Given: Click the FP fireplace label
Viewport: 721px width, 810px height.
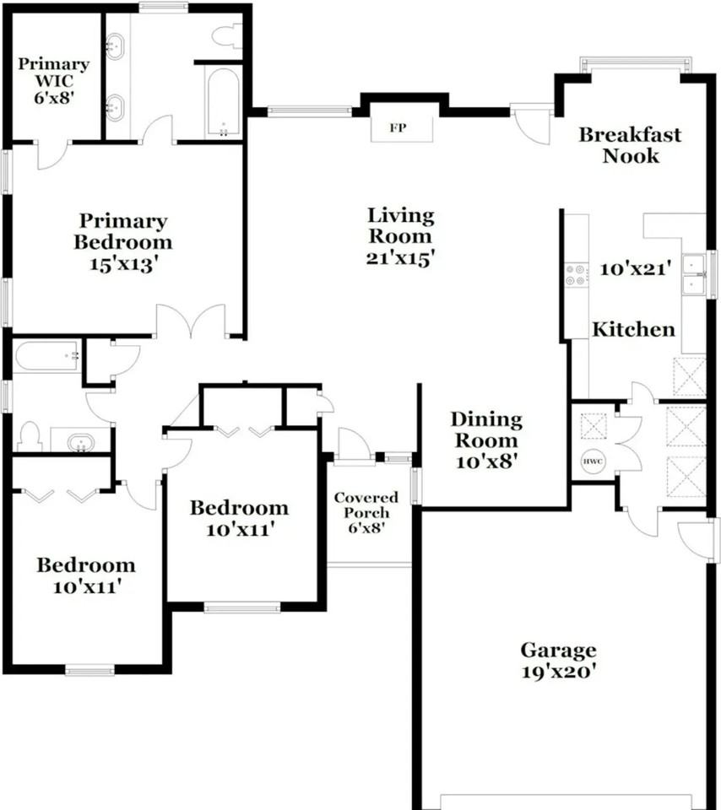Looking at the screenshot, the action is (398, 127).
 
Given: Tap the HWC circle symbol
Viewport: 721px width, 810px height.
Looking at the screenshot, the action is (593, 462).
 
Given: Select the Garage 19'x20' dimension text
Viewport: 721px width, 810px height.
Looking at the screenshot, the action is (558, 672).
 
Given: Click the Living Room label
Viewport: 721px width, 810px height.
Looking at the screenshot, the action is (400, 226).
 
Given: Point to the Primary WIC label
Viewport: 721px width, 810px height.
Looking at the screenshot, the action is (54, 73).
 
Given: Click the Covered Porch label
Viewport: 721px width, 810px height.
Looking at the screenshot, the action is (366, 505).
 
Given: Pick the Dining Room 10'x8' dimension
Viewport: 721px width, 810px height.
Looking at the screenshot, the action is (486, 462).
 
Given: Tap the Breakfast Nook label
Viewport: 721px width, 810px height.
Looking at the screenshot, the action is (630, 145).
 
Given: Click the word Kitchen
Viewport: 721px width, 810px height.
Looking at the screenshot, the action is (633, 329).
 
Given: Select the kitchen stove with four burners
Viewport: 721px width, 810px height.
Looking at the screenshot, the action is (577, 275).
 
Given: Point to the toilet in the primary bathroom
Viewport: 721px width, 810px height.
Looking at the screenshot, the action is (226, 35).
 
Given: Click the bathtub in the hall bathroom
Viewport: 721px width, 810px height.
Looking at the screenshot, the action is (46, 355).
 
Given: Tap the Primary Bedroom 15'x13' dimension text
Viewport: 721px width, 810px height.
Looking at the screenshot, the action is (123, 264).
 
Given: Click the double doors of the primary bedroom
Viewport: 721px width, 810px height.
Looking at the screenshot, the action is (192, 321).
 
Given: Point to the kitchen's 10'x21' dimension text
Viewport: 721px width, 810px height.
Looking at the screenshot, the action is (635, 268).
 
